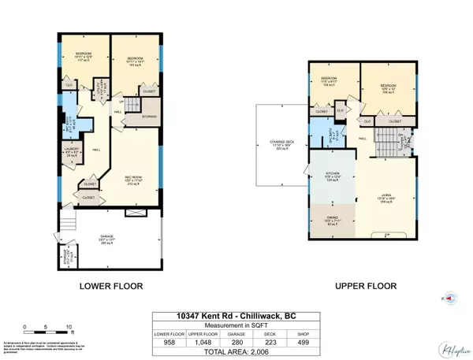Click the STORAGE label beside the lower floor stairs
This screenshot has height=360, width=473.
click(x=151, y=116)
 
